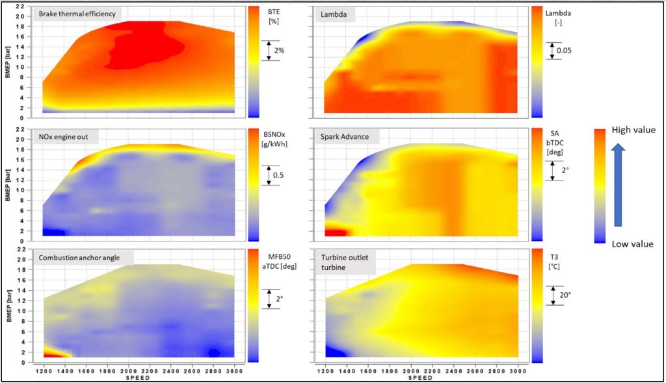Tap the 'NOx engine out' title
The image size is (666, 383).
(x=68, y=136)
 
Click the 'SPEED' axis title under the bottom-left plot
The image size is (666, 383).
(x=137, y=377)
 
